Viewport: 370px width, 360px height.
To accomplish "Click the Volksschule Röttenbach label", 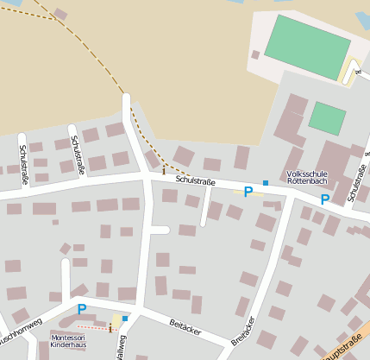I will [x=307, y=178].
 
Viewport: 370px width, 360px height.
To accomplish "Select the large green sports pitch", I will [x=307, y=47].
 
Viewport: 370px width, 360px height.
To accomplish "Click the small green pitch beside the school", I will [x=327, y=118].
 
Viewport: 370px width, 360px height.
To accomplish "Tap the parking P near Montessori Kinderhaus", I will [x=82, y=309].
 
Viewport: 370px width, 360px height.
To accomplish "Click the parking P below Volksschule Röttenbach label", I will [x=325, y=199].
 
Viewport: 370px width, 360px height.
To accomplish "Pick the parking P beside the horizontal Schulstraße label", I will [x=248, y=192].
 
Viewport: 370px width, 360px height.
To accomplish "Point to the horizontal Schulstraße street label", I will [x=195, y=181].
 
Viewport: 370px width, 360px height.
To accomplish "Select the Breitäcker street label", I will [x=243, y=331].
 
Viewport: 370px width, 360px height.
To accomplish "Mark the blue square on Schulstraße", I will [x=266, y=183].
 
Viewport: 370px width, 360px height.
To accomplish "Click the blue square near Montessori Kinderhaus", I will [x=125, y=319].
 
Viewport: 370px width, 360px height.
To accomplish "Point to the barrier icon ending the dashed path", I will [x=164, y=171].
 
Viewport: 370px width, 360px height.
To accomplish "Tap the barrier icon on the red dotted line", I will [x=110, y=329].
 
